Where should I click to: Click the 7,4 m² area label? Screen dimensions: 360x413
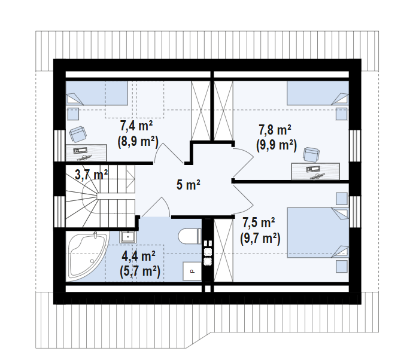click(137, 126)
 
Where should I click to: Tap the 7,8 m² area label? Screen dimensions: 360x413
click(275, 129)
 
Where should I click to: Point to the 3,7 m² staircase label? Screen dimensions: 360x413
click(91, 175)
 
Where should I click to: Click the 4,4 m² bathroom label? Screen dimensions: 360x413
click(139, 256)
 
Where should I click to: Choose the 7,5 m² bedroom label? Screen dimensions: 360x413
click(259, 223)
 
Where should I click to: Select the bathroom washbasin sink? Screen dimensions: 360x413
click(127, 237)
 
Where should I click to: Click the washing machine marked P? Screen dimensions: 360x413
click(192, 271)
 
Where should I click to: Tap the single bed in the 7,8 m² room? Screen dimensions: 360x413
click(317, 93)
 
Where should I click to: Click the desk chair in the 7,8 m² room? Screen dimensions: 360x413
click(311, 154)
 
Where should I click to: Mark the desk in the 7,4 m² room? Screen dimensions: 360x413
click(86, 151)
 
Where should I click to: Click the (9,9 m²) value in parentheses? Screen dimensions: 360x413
click(277, 144)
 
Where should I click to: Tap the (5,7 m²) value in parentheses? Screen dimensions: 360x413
click(139, 271)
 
